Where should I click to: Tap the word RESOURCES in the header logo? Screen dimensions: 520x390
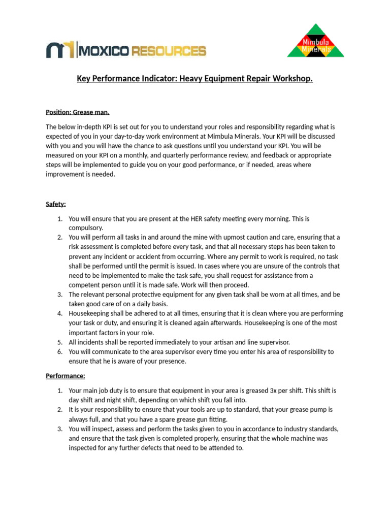(x=169, y=51)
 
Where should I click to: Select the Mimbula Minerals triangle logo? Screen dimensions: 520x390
(x=315, y=41)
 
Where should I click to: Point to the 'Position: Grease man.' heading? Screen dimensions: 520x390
(x=77, y=112)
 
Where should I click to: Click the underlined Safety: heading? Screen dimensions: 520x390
(x=56, y=204)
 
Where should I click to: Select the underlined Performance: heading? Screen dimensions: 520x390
(x=66, y=376)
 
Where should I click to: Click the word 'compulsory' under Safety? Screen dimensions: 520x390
(x=85, y=228)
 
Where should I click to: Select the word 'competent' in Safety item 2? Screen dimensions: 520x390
(x=84, y=285)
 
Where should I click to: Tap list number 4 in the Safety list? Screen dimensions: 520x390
(x=59, y=313)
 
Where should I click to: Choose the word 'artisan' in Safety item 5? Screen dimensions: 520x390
(x=237, y=342)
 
